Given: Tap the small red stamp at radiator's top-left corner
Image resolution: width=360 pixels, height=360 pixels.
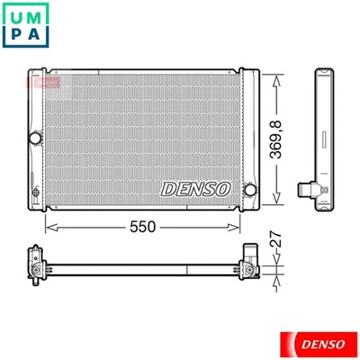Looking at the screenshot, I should [x=38, y=81].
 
